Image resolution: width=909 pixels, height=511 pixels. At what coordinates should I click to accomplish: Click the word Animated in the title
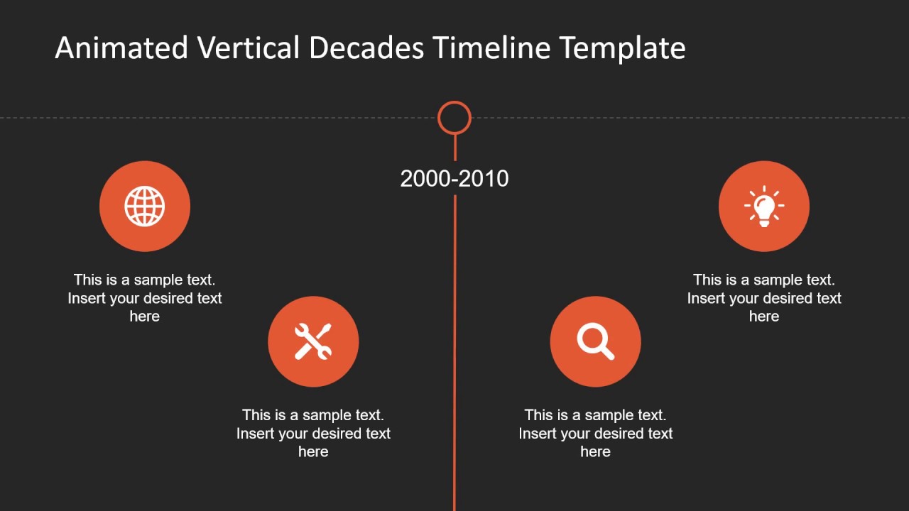pos(121,48)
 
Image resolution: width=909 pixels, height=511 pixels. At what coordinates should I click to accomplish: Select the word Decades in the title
pos(366,48)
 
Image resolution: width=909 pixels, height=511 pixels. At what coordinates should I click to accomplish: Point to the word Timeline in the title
pos(491,48)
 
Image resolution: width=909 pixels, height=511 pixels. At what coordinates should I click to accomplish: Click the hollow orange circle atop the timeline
pos(454,118)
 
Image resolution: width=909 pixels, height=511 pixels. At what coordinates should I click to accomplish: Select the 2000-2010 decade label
pos(454,179)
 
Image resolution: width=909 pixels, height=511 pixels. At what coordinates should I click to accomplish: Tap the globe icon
pos(145,207)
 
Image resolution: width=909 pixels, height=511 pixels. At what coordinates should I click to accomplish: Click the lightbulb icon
pos(764,207)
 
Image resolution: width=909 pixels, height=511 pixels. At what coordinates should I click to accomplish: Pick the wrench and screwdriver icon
pos(313,341)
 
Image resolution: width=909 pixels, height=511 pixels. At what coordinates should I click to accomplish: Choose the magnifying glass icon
pos(595,341)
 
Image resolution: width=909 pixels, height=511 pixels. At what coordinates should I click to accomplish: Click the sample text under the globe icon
pos(145,298)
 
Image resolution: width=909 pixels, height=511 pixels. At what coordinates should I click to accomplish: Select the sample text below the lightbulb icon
pos(764,298)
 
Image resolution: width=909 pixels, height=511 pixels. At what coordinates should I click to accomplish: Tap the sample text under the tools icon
pos(313,433)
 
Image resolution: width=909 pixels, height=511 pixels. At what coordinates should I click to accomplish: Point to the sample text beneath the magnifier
pos(595,433)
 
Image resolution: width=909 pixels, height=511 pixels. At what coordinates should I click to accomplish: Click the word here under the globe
pos(145,317)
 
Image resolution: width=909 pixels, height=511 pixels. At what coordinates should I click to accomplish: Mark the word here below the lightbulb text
pos(764,317)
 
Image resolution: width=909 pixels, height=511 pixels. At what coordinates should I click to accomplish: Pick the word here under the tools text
pos(313,452)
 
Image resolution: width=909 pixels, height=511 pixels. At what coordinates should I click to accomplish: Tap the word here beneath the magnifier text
pos(595,452)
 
